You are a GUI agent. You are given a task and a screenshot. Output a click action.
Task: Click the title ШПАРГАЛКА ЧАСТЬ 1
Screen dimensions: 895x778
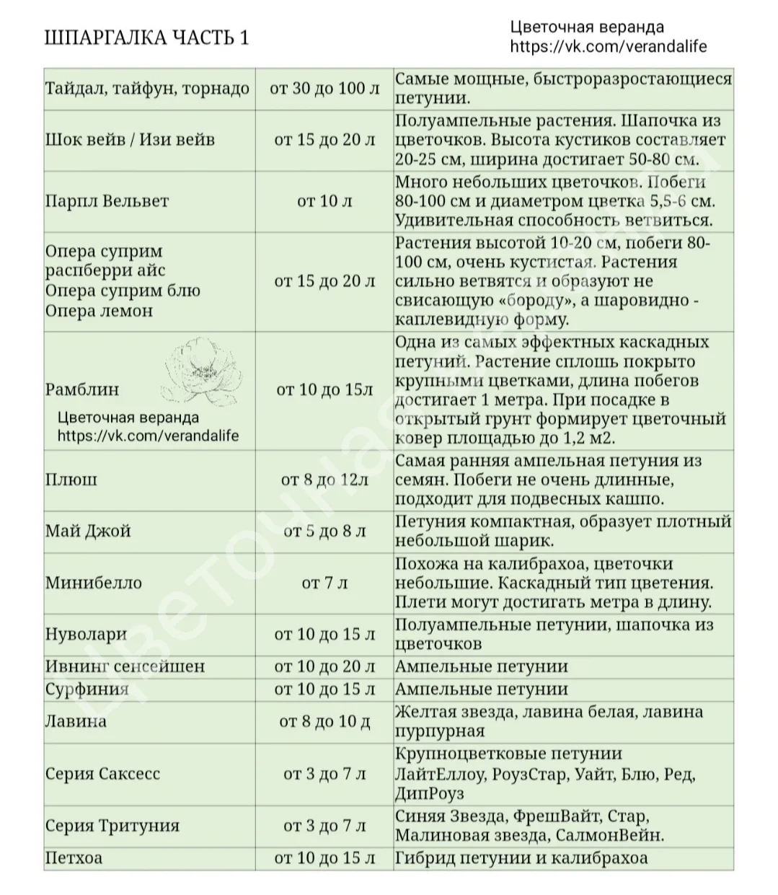coord(147,38)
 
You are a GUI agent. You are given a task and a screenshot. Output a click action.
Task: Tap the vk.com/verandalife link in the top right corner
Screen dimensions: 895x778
coord(608,47)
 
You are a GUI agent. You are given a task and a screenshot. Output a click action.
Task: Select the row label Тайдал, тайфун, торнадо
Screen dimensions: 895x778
coord(147,89)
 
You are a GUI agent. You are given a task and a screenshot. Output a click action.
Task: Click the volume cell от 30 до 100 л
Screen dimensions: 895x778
coord(324,89)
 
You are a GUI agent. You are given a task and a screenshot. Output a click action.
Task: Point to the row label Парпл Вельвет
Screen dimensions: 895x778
coord(107,200)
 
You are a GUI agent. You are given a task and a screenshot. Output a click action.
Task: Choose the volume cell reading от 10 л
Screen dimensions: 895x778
coord(324,200)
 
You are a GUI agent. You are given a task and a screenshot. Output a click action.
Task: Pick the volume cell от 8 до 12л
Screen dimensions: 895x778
coord(324,479)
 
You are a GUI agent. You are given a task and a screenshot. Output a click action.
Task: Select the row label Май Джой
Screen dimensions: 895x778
coord(88,532)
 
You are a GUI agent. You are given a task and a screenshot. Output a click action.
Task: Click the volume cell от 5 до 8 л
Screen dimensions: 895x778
coord(324,532)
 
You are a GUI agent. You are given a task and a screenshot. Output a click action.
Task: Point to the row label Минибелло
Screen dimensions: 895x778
coord(94,583)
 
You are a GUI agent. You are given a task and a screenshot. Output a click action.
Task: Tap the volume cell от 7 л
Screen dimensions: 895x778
coord(324,583)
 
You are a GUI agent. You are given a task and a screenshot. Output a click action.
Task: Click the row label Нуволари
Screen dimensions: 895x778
coord(86,635)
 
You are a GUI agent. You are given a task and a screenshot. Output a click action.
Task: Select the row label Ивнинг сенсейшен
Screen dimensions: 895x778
coord(125,666)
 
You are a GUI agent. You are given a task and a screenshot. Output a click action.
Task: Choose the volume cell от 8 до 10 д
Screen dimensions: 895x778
coord(324,721)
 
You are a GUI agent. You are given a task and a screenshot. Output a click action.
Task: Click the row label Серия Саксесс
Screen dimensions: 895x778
coord(102,774)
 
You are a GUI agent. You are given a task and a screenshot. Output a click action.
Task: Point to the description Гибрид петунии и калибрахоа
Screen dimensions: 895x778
coord(521,858)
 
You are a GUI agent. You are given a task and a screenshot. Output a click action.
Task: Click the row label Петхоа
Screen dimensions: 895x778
coord(74,858)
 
